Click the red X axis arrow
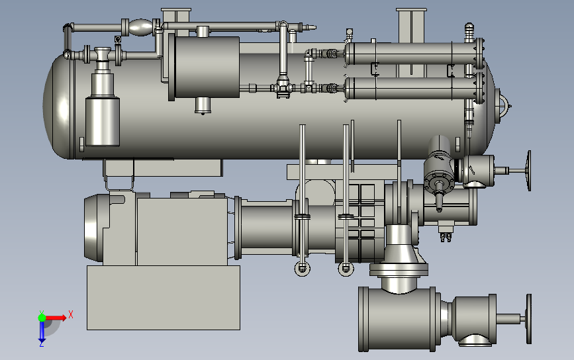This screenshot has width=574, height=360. [x=56, y=318]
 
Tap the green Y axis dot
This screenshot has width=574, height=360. [x=42, y=317]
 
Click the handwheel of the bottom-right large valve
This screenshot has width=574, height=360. [x=528, y=319]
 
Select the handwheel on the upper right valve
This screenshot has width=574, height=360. [x=528, y=171]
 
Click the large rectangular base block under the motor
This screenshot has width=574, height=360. [x=164, y=297]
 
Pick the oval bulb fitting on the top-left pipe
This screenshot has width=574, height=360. [x=140, y=27]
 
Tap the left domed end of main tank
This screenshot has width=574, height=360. [x=58, y=107]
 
